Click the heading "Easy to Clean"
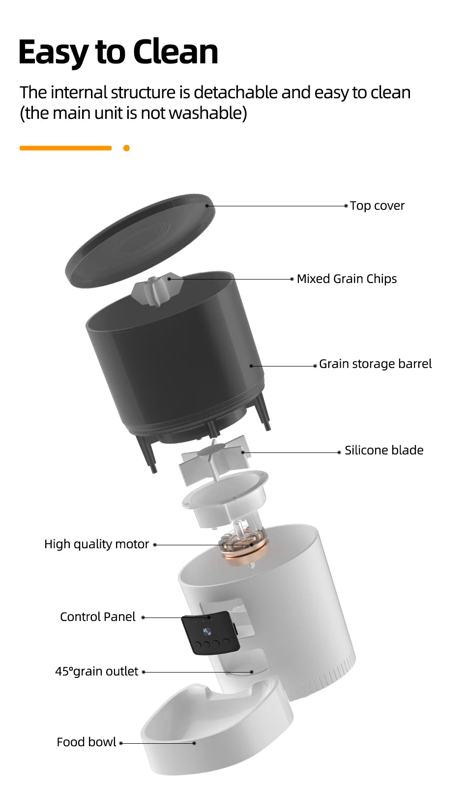[x=118, y=52]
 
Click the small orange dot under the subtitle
[x=126, y=148]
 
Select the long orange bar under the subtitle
[x=65, y=148]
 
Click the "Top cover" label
[x=377, y=206]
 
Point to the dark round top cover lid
[x=140, y=241]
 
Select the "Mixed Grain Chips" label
[x=347, y=279]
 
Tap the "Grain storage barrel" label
[x=375, y=364]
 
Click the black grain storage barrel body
[x=177, y=368]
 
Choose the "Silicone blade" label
[x=384, y=450]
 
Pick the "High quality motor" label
[x=96, y=544]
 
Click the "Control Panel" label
[x=97, y=617]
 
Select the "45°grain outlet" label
[x=96, y=672]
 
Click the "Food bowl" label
[x=86, y=742]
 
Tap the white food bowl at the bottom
[x=216, y=737]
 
